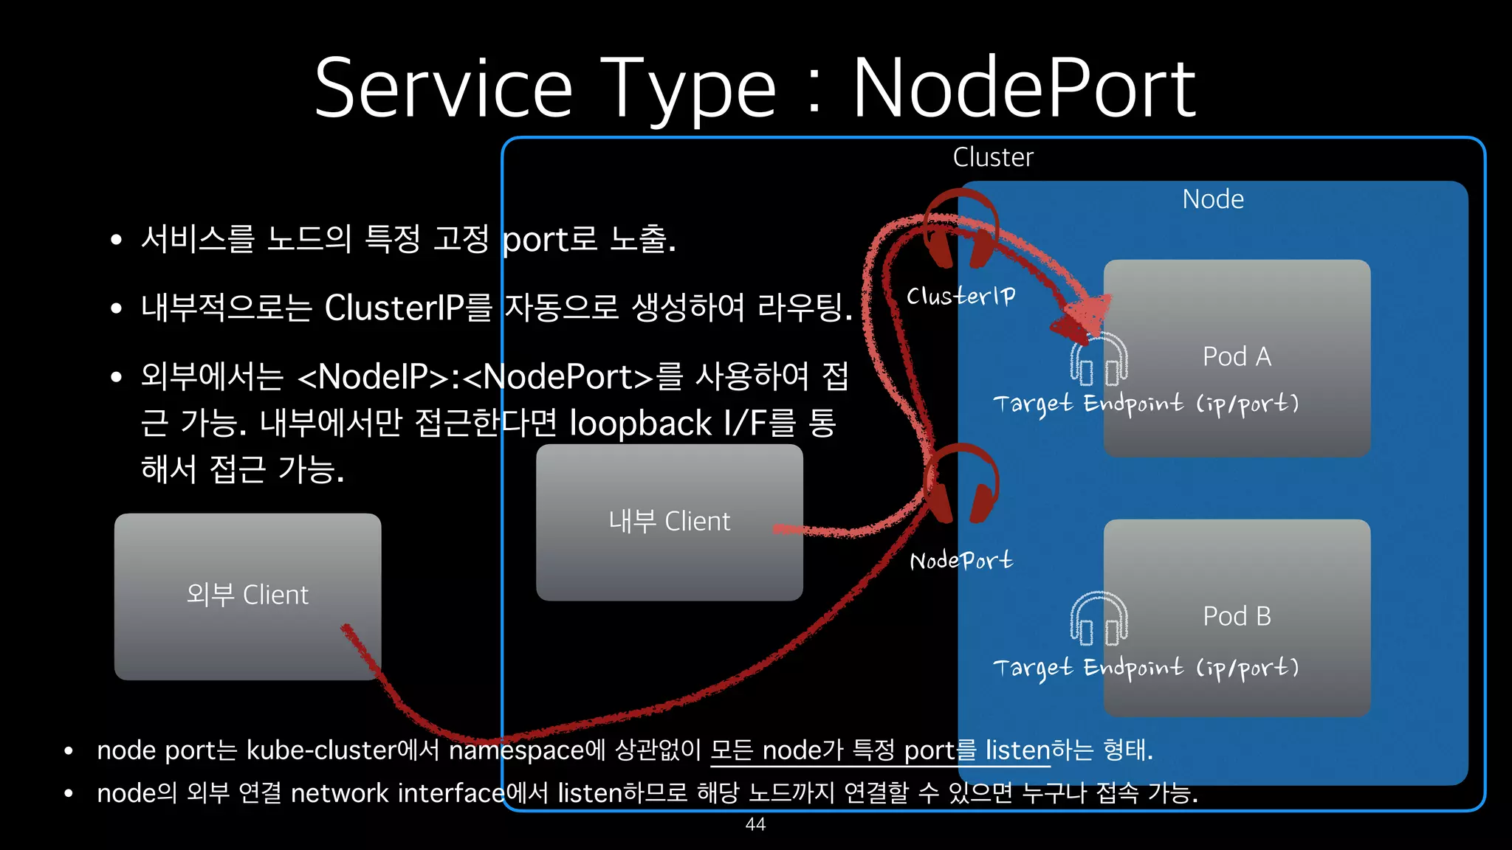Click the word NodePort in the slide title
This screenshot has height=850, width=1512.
(x=1023, y=89)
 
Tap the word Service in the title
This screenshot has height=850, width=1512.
(x=443, y=89)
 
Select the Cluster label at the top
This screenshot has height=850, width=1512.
(x=992, y=157)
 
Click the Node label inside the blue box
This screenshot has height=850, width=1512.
(x=1212, y=199)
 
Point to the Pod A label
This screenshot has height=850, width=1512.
(x=1237, y=356)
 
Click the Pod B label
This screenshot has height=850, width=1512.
(x=1237, y=616)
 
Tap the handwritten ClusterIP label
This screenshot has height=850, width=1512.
(x=961, y=296)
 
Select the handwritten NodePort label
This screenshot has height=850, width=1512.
(x=961, y=561)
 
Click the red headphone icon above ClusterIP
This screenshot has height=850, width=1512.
(x=961, y=229)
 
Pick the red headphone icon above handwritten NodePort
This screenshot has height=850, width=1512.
(x=961, y=483)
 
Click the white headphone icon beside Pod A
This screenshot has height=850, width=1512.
(x=1099, y=359)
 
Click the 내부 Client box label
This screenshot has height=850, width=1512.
(x=669, y=522)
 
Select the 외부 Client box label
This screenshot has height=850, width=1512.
(x=247, y=595)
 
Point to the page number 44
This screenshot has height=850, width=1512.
(x=755, y=824)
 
